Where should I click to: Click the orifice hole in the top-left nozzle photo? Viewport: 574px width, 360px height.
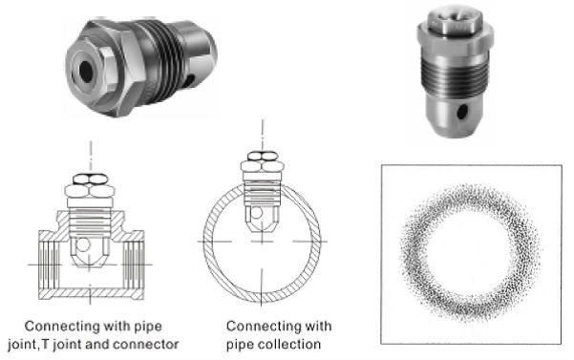pyautogui.click(x=86, y=72)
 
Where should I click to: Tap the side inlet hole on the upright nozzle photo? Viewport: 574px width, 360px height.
pyautogui.click(x=462, y=112)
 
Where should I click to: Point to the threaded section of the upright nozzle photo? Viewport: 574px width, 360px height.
pyautogui.click(x=455, y=76)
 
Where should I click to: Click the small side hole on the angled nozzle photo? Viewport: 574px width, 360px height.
pyautogui.click(x=190, y=79)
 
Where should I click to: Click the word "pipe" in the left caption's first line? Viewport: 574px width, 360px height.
pyautogui.click(x=148, y=327)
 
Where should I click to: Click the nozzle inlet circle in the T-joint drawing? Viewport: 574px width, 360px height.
pyautogui.click(x=83, y=244)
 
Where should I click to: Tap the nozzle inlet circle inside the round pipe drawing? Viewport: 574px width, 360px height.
pyautogui.click(x=256, y=213)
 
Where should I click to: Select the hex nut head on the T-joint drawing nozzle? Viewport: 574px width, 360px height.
pyautogui.click(x=90, y=186)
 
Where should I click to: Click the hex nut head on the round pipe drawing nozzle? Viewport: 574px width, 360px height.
pyautogui.click(x=262, y=161)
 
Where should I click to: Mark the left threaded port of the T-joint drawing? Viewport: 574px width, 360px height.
pyautogui.click(x=49, y=265)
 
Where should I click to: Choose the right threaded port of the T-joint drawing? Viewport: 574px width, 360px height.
pyautogui.click(x=134, y=265)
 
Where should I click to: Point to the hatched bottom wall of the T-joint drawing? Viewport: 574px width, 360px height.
pyautogui.click(x=91, y=294)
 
